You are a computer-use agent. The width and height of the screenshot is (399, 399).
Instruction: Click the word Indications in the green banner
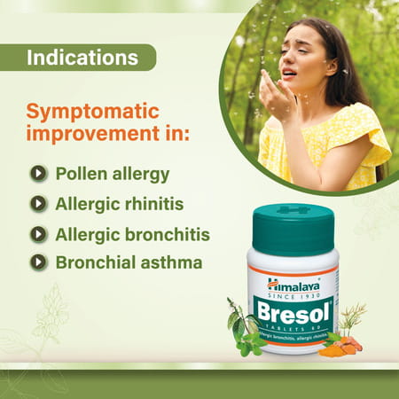tap(82, 59)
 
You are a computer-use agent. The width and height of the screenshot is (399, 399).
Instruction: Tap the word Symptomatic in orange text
tap(92, 112)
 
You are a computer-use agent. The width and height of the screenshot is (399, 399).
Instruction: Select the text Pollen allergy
tap(112, 174)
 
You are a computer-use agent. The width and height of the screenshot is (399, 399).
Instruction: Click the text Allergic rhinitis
tap(119, 204)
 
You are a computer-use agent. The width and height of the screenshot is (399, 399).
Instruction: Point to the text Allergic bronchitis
tap(132, 234)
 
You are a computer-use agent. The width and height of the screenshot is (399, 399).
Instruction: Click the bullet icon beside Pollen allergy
tap(38, 174)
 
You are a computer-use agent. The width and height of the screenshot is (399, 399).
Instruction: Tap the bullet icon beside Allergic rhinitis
tap(38, 204)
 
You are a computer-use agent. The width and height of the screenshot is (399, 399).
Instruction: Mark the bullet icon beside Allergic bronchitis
tap(38, 234)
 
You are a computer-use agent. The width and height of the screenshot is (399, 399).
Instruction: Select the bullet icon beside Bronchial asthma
tap(38, 262)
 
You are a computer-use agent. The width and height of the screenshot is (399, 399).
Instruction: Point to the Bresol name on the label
tap(292, 309)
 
